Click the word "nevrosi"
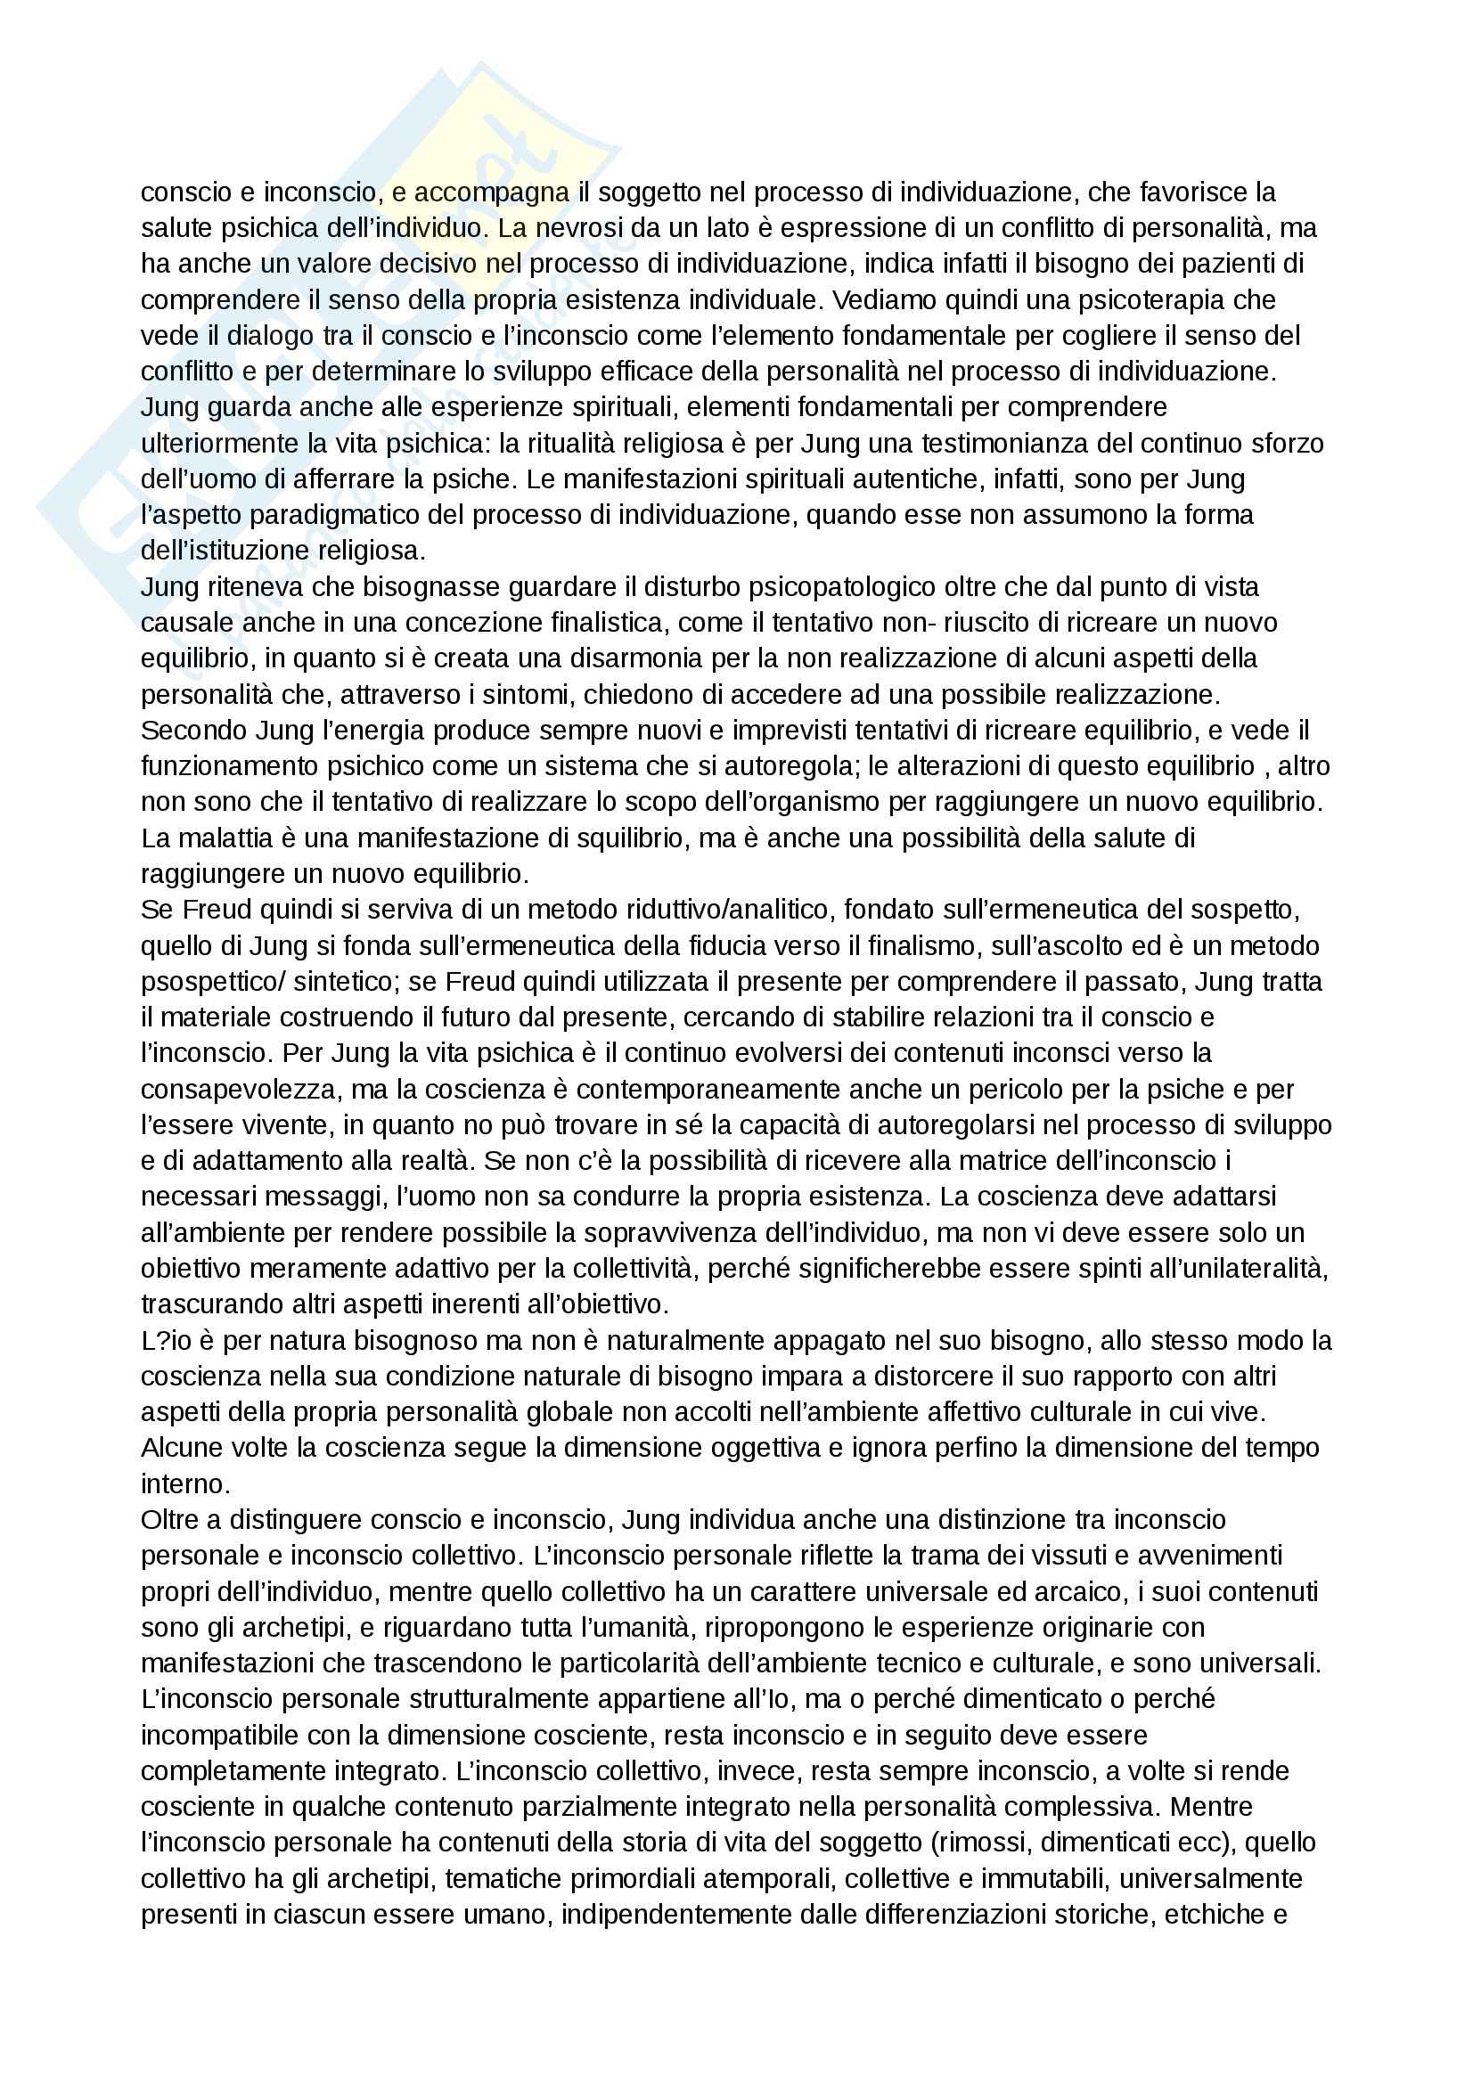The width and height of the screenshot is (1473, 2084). pyautogui.click(x=575, y=228)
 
